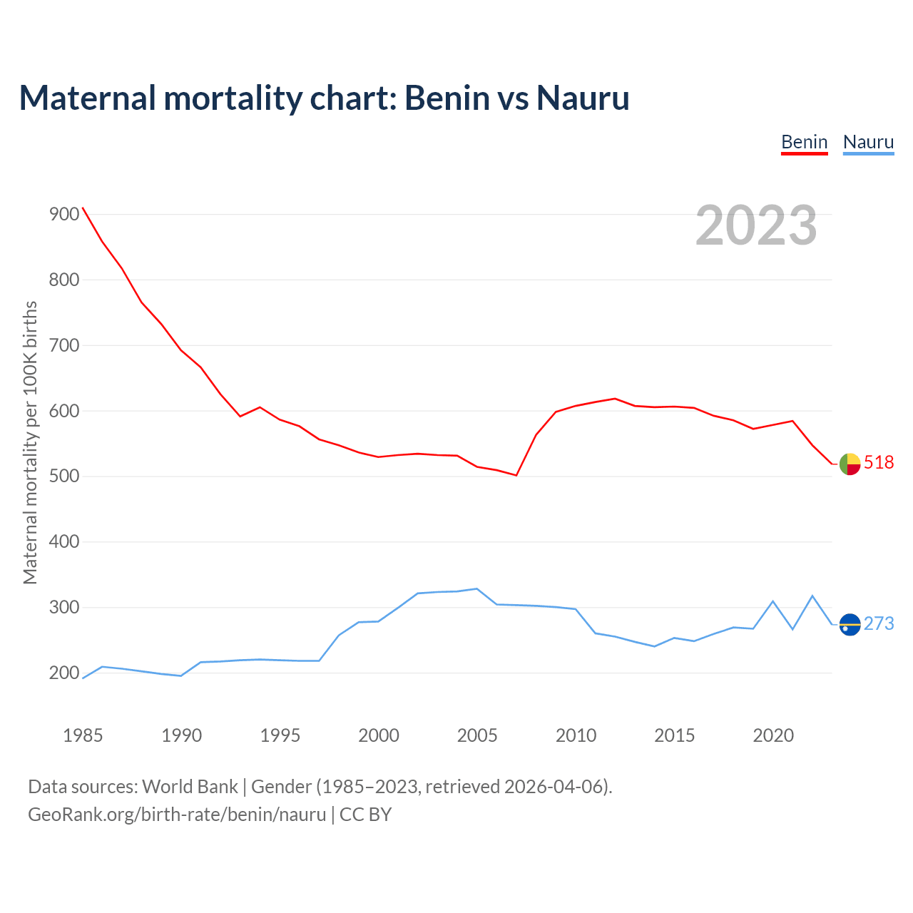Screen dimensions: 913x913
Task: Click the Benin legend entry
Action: tap(804, 142)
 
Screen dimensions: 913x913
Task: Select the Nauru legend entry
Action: tap(868, 142)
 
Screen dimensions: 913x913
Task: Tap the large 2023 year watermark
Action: tap(756, 225)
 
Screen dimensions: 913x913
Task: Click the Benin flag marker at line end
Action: tap(850, 464)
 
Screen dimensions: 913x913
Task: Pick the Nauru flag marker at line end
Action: tap(850, 624)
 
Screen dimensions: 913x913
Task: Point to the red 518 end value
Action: tap(879, 463)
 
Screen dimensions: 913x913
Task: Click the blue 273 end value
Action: tap(879, 624)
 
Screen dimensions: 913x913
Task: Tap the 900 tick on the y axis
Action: tap(63, 214)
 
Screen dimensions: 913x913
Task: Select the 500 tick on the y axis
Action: tap(63, 476)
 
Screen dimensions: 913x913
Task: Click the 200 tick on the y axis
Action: tap(63, 673)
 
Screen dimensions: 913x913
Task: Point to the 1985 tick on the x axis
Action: tap(83, 735)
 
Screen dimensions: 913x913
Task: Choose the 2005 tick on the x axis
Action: tap(477, 735)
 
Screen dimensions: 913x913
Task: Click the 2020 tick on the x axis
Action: tap(773, 735)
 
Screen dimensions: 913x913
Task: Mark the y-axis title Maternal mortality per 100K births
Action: tap(30, 443)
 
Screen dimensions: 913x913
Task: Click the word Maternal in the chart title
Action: tap(87, 98)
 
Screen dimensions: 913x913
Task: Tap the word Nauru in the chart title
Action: tap(583, 98)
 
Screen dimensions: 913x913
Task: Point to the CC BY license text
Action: tap(365, 815)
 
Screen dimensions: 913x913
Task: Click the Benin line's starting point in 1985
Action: tap(83, 208)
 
